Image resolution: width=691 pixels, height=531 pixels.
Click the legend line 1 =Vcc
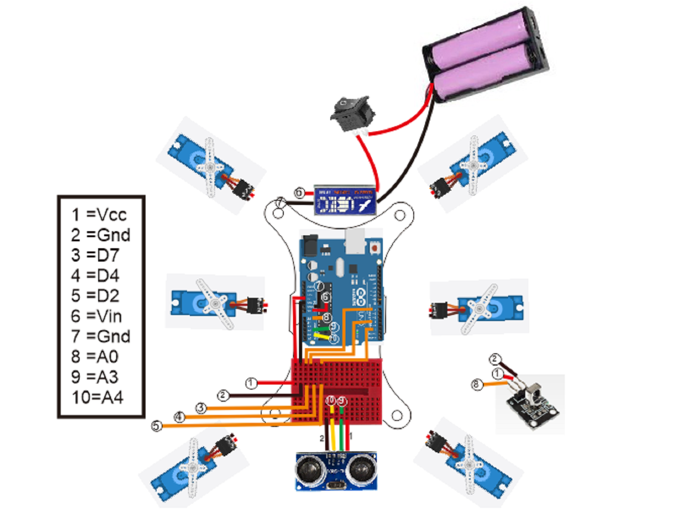pyautogui.click(x=99, y=215)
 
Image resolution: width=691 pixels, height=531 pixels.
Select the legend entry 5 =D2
pyautogui.click(x=95, y=296)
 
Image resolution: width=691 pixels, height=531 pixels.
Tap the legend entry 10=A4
pyautogui.click(x=98, y=397)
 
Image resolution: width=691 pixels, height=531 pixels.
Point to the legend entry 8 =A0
pyautogui.click(x=95, y=357)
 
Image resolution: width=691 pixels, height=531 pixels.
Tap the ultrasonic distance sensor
pyautogui.click(x=336, y=471)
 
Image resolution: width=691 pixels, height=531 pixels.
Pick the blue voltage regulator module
pyautogui.click(x=345, y=200)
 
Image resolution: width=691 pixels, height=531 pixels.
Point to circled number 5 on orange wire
pyautogui.click(x=157, y=426)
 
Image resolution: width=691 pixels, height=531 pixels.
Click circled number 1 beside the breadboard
pyautogui.click(x=251, y=383)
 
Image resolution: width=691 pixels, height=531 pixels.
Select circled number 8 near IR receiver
pyautogui.click(x=477, y=384)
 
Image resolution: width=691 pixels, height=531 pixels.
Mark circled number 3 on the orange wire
pyautogui.click(x=201, y=408)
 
